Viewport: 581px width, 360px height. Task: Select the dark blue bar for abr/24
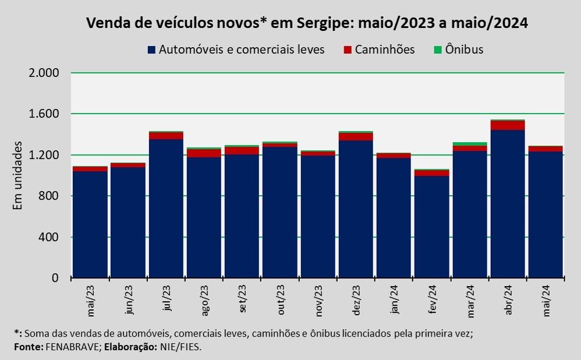508,204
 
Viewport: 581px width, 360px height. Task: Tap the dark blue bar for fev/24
431,227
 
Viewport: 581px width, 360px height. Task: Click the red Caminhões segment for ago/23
204,153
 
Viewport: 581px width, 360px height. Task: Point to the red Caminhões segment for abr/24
508,125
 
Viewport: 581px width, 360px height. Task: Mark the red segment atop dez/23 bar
356,137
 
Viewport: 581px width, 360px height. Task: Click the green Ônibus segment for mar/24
470,144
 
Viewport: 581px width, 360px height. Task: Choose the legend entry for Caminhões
385,50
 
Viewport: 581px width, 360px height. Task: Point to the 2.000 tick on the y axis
44,73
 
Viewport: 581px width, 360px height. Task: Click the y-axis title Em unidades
18,175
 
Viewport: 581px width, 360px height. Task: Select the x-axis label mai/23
91,301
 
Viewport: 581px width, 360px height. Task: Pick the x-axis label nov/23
318,301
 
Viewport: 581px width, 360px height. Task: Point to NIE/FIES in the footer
182,346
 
